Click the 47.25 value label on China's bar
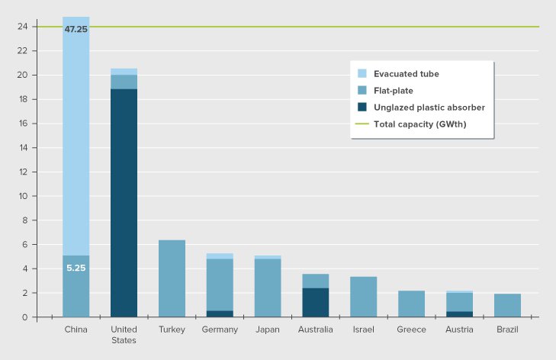point(76,29)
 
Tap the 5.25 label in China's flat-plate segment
point(76,268)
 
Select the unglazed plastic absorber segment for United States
point(124,202)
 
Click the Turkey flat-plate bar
point(172,278)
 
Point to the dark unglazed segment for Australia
point(316,302)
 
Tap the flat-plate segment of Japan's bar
point(268,288)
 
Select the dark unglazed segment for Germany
point(220,313)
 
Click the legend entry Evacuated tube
point(407,74)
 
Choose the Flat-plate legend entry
point(394,91)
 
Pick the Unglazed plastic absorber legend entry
point(429,108)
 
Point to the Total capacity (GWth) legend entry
point(420,124)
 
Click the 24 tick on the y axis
point(23,27)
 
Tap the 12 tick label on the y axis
point(23,172)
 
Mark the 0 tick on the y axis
point(25,317)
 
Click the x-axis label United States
point(124,335)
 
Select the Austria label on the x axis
point(460,329)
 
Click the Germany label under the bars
point(220,329)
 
